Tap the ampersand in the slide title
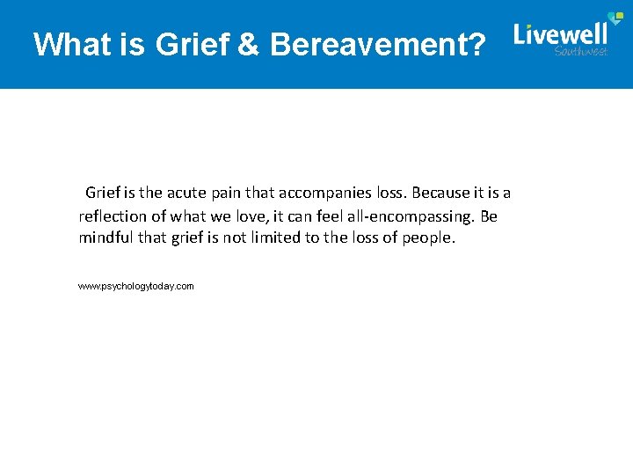point(248,44)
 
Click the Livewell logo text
point(560,35)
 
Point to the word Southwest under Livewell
point(581,52)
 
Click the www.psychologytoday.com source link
point(135,287)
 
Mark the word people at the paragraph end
point(429,238)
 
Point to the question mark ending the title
point(475,44)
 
